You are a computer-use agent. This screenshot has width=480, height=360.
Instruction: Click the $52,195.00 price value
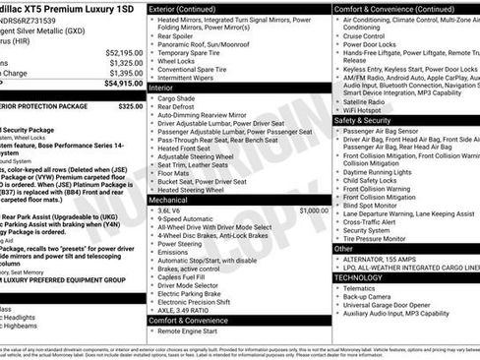coord(123,52)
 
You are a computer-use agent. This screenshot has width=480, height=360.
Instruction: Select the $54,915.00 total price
coord(123,84)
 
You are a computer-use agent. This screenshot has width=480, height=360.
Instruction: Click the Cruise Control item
coord(369,35)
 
